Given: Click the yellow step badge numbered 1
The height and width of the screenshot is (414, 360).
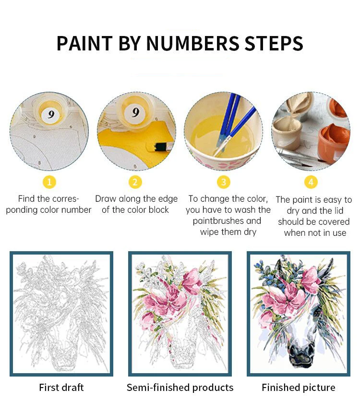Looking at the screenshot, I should [49, 183].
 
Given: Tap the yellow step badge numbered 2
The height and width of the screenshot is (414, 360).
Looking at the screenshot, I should [135, 183].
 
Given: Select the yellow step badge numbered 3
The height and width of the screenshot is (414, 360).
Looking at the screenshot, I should [224, 183].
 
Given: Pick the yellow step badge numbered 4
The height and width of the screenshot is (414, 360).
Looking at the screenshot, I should [311, 183].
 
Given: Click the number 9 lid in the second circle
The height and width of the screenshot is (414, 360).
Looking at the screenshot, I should [135, 113].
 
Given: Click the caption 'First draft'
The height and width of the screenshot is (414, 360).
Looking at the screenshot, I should [61, 388].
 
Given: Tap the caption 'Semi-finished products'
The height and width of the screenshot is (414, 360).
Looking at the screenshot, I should [180, 388].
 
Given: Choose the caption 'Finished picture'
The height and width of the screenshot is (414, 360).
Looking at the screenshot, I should [299, 388].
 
